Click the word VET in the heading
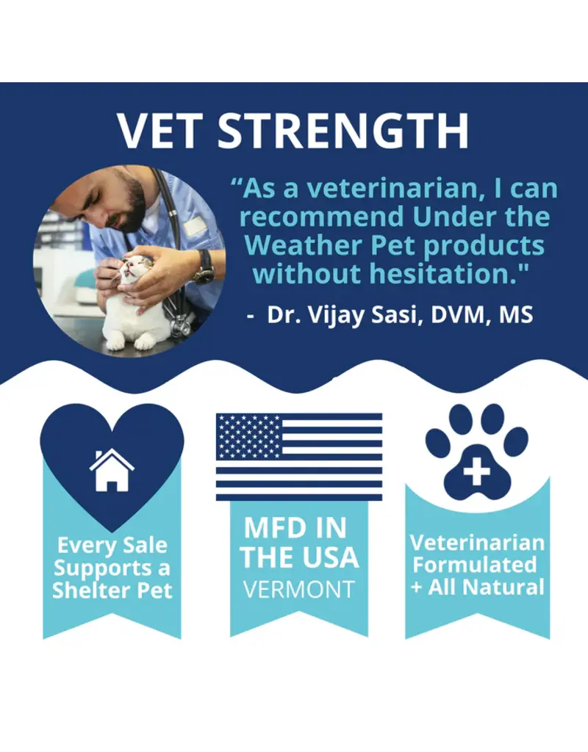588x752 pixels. [159, 131]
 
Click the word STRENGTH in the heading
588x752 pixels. [344, 131]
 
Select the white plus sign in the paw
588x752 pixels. [476, 470]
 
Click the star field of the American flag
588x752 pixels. [248, 436]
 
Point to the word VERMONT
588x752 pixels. [299, 590]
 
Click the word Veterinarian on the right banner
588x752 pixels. [477, 543]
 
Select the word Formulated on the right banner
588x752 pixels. [475, 565]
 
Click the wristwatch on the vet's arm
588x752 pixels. [204, 269]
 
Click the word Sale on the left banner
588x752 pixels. [145, 546]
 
